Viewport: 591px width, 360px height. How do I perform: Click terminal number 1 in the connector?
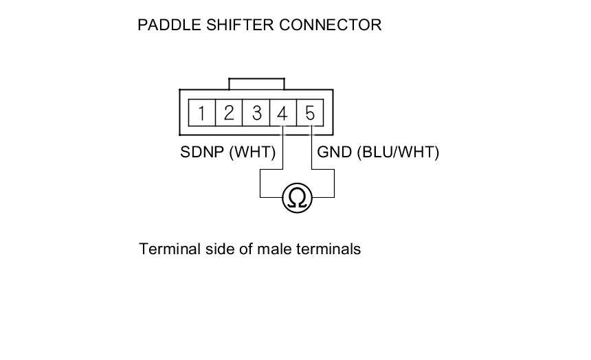201,112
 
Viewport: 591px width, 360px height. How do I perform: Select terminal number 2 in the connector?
229,112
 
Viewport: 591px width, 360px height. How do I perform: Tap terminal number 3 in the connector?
256,112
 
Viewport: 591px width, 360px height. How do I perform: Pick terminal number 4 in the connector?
282,112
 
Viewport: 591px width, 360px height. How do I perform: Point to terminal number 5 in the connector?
310,112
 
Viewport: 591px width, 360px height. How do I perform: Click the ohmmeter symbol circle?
297,198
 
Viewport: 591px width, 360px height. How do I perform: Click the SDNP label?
202,153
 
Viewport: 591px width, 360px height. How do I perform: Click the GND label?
334,153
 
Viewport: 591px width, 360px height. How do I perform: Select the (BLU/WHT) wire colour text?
398,153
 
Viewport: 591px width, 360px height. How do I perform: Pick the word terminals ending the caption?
328,249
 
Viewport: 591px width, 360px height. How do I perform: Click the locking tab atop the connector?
256,84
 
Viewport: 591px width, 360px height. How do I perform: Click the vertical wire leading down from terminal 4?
283,148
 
